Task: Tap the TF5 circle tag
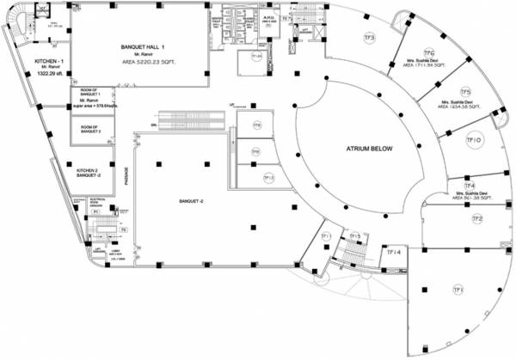coord(465,91)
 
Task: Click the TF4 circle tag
coord(470,186)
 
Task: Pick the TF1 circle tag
coord(458,290)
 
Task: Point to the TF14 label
coord(393,252)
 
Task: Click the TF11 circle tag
coord(326,236)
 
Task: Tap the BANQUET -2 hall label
coord(190,201)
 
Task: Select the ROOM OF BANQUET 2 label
coord(91,130)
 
